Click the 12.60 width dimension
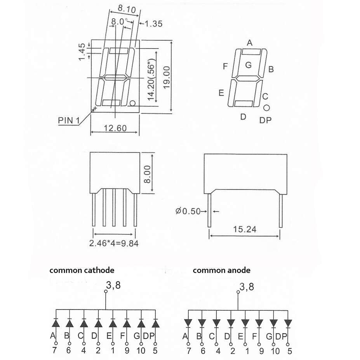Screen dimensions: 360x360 (x=115, y=128)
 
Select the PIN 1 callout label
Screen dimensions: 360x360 (x=68, y=120)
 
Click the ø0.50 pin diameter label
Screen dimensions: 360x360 (x=188, y=211)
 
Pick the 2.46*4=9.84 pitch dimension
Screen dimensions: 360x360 (x=114, y=243)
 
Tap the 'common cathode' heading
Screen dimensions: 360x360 (x=82, y=270)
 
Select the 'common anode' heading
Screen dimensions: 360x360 (x=221, y=270)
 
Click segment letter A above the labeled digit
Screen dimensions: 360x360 (x=250, y=42)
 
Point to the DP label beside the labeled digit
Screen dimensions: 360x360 (x=266, y=120)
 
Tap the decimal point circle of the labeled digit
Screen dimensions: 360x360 (x=266, y=108)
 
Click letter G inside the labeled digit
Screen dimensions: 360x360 (x=249, y=65)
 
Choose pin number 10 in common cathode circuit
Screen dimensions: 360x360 (x=141, y=351)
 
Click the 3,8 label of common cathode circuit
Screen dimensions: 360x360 (x=113, y=285)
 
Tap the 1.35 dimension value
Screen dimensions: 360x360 (x=153, y=24)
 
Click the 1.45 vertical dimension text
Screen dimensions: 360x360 (x=82, y=52)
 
